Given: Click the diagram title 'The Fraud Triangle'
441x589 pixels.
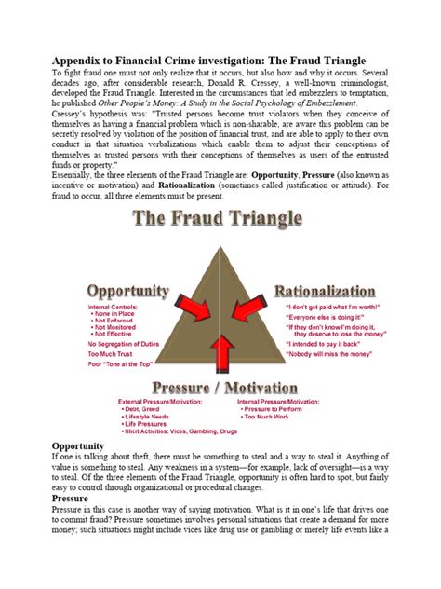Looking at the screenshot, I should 219,220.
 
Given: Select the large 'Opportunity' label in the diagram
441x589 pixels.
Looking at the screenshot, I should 127,291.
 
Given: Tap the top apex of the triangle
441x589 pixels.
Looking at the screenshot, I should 220,246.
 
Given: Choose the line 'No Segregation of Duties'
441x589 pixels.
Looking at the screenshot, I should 126,344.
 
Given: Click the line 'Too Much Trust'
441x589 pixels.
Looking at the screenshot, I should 111,355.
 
